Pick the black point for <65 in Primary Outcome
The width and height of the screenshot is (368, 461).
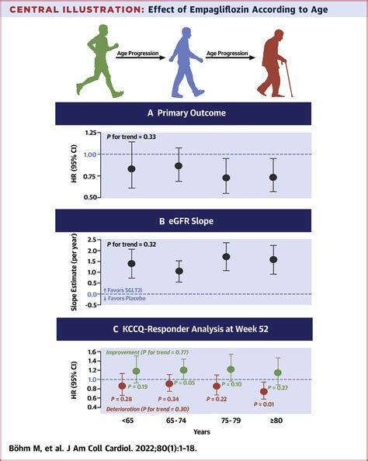pos(132,168)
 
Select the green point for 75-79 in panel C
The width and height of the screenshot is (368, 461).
pos(231,370)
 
